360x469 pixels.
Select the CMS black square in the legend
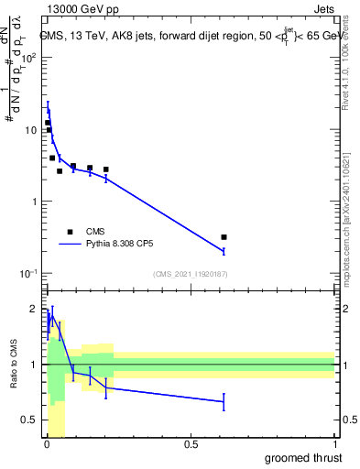tap(69, 232)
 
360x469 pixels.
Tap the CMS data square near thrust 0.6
tap(224, 237)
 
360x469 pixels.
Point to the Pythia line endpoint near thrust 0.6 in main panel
tap(224, 250)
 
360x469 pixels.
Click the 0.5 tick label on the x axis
tap(191, 445)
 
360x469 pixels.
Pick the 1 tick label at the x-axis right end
tap(334, 445)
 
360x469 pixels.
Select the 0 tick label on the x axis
tap(47, 445)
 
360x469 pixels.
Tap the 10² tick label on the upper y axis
tap(28, 58)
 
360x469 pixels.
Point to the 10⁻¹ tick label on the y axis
tap(28, 274)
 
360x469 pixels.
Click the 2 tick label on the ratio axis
tap(34, 309)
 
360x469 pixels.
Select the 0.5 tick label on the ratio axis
tap(30, 420)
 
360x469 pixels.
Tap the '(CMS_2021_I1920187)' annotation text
tap(190, 274)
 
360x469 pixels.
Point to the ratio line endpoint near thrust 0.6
tap(224, 401)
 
